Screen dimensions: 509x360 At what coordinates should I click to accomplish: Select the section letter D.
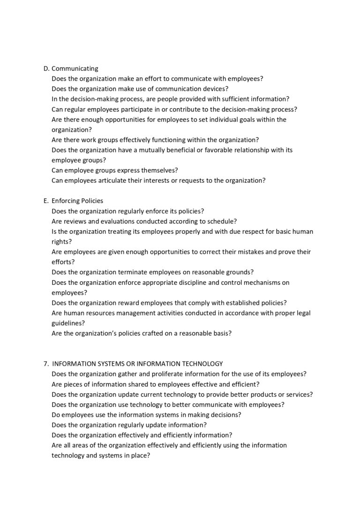point(45,68)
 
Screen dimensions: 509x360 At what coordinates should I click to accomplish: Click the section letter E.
point(45,201)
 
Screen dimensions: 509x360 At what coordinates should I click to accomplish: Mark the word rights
point(60,242)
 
